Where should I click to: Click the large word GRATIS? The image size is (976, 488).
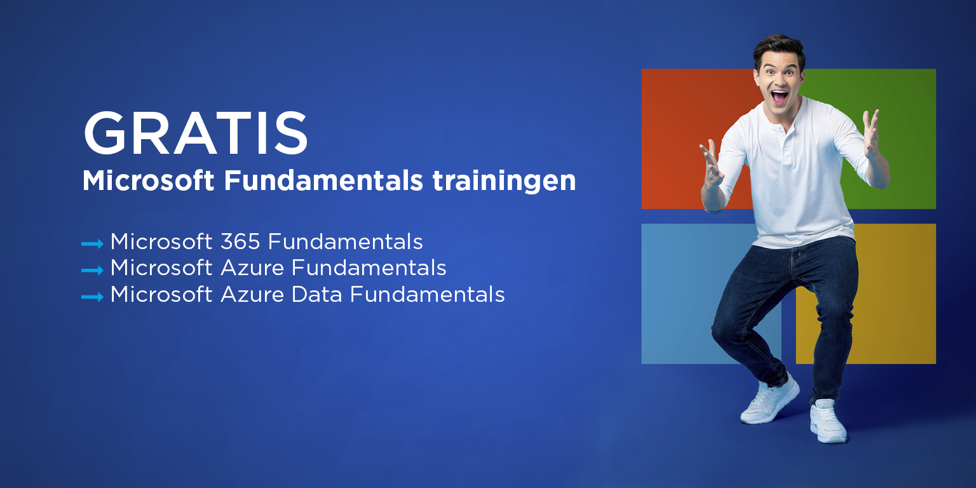(195, 133)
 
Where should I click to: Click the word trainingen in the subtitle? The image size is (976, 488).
(504, 181)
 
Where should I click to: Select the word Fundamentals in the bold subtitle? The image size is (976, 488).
(323, 180)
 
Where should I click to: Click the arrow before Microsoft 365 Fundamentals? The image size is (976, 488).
(92, 243)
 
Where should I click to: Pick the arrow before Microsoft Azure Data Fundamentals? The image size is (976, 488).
(92, 297)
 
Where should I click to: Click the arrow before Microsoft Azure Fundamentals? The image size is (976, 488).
(92, 270)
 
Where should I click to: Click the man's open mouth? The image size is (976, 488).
(779, 97)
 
